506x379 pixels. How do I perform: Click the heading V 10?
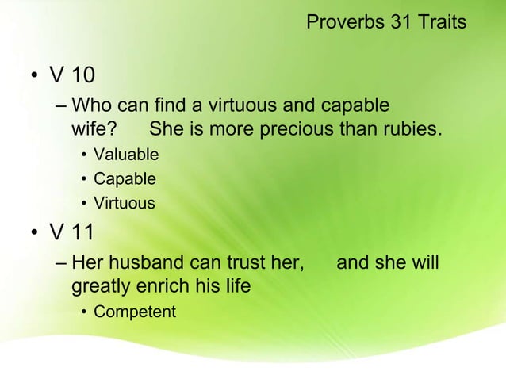click(71, 76)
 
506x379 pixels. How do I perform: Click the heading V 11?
click(71, 232)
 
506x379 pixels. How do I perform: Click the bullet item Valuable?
click(126, 154)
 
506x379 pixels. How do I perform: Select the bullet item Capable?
click(125, 178)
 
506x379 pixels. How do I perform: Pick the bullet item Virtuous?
click(125, 203)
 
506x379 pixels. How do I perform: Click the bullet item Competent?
click(135, 312)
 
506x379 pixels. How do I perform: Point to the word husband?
click(141, 262)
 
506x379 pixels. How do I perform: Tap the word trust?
click(240, 262)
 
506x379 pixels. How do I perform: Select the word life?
click(236, 285)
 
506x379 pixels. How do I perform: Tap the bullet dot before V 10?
click(34, 78)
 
